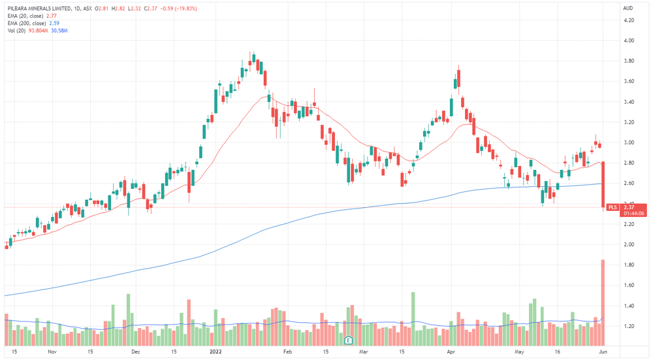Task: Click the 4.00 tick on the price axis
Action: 628,41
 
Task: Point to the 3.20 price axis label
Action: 628,122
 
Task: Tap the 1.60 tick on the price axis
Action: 628,286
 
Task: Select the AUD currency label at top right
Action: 628,8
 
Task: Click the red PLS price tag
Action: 613,207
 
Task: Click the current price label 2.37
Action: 629,207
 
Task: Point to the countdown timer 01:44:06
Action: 634,214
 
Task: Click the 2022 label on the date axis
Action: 215,352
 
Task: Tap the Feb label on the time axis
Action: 287,352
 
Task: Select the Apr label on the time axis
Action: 451,352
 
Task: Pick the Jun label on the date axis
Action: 603,352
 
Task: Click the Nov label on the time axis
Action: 52,352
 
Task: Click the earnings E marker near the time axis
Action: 348,340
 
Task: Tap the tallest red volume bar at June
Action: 603,303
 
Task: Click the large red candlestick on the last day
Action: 603,185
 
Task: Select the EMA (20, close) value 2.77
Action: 51,16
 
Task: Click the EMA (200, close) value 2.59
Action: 54,24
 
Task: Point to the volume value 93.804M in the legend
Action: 38,31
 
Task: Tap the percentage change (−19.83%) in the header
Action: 187,8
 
